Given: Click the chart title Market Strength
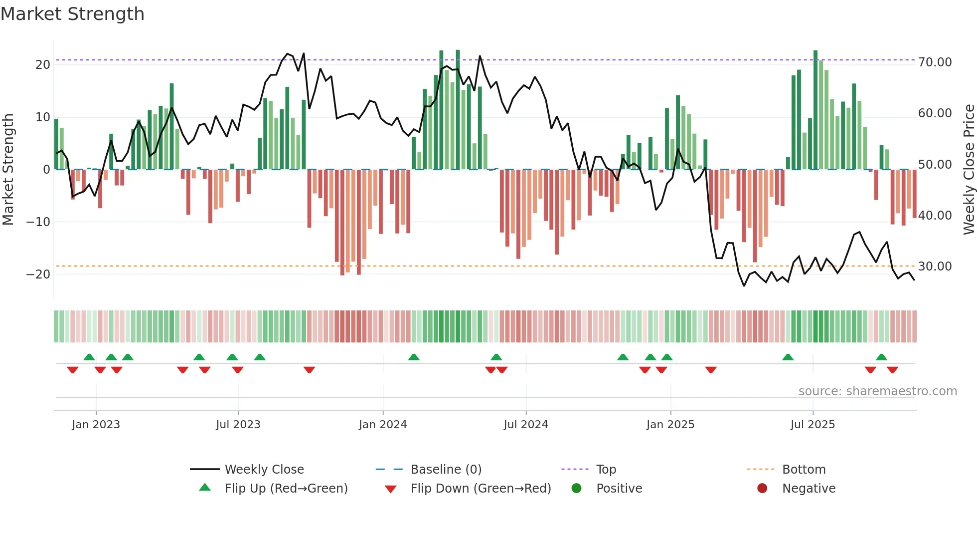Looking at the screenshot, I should pyautogui.click(x=72, y=14).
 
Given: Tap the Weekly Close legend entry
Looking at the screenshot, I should pyautogui.click(x=264, y=469).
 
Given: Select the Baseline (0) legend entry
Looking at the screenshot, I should pyautogui.click(x=446, y=469).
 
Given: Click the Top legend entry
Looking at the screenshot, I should pyautogui.click(x=606, y=469).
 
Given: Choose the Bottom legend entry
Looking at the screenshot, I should pyautogui.click(x=804, y=469).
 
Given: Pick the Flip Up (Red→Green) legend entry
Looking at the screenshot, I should pyautogui.click(x=286, y=488).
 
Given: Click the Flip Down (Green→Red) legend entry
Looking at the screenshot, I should pyautogui.click(x=481, y=488).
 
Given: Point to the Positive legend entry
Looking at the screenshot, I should pyautogui.click(x=619, y=488).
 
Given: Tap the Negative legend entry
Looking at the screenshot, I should pyautogui.click(x=809, y=488).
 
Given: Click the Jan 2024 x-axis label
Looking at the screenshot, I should pyautogui.click(x=383, y=425).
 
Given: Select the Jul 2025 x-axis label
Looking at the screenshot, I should pyautogui.click(x=813, y=425).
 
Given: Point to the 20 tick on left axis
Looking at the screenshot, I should pyautogui.click(x=43, y=64).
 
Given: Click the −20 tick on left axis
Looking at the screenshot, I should pyautogui.click(x=38, y=274).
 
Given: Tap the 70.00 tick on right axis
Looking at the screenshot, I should pyautogui.click(x=935, y=62).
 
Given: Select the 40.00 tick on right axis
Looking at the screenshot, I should pyautogui.click(x=935, y=215).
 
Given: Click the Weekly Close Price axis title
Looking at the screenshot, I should pyautogui.click(x=969, y=170).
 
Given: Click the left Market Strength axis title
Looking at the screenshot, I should pyautogui.click(x=8, y=170).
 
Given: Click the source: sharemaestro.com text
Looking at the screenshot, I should pyautogui.click(x=877, y=391).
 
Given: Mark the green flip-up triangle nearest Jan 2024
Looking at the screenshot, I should pyautogui.click(x=414, y=357).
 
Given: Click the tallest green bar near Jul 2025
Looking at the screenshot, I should pyautogui.click(x=815, y=110).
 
